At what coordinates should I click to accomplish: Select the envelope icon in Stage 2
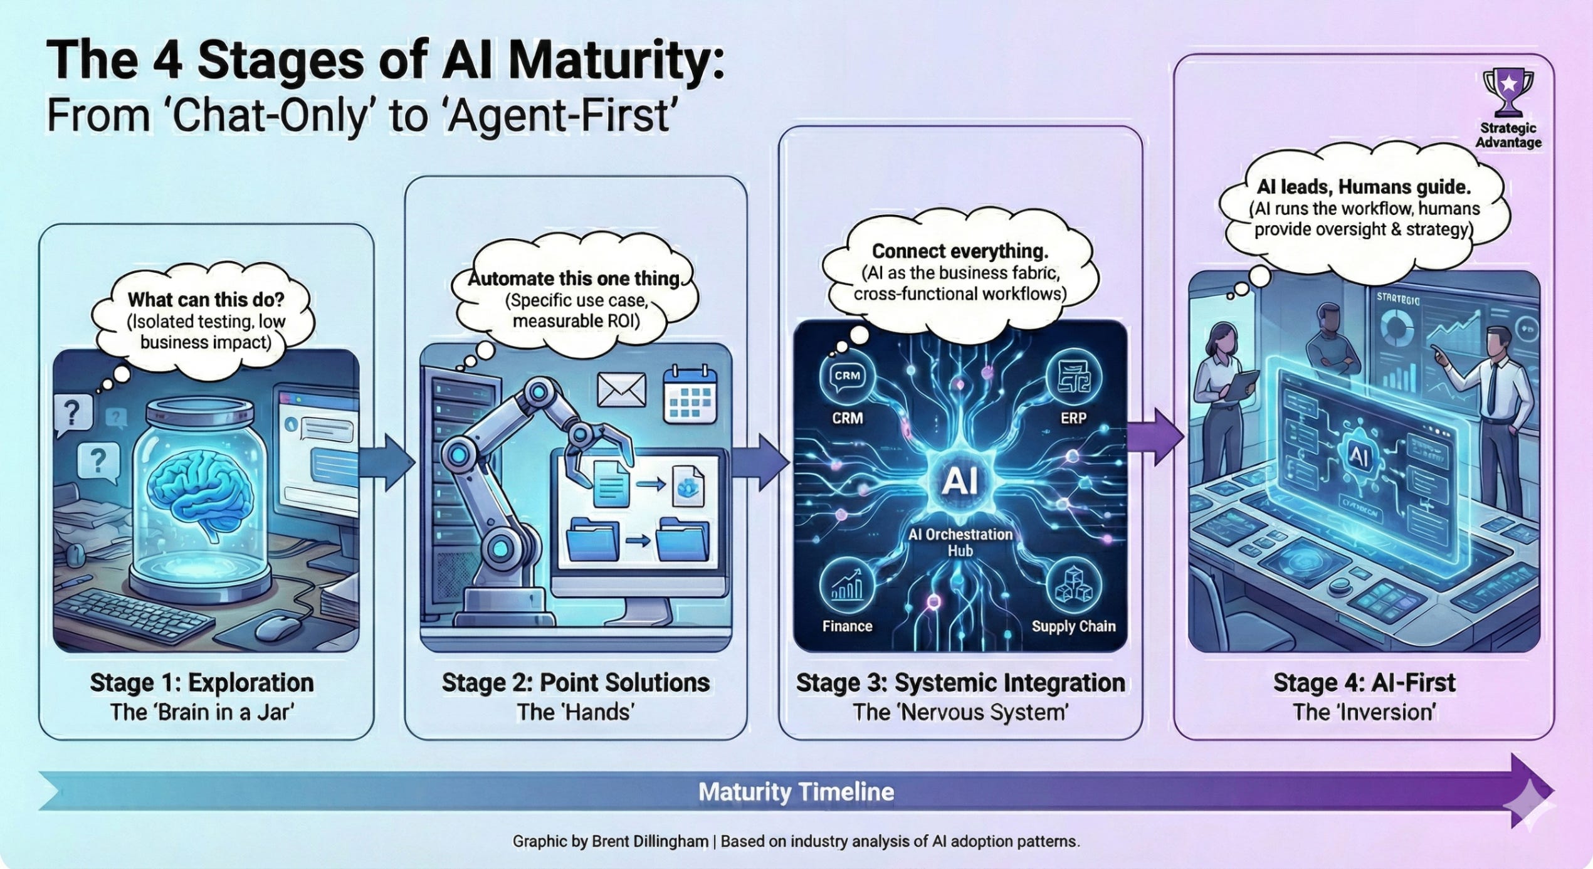tap(621, 390)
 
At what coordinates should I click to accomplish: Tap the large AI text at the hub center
tap(960, 482)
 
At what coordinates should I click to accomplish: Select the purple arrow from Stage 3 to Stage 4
tap(1157, 437)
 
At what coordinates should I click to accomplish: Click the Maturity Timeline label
tap(796, 792)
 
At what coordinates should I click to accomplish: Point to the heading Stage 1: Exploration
tap(202, 683)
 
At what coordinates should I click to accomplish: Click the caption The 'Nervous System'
tap(960, 712)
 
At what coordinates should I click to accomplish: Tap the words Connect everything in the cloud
tap(960, 251)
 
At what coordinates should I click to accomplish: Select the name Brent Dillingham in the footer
tap(649, 841)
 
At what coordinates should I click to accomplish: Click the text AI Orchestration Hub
tap(960, 542)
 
